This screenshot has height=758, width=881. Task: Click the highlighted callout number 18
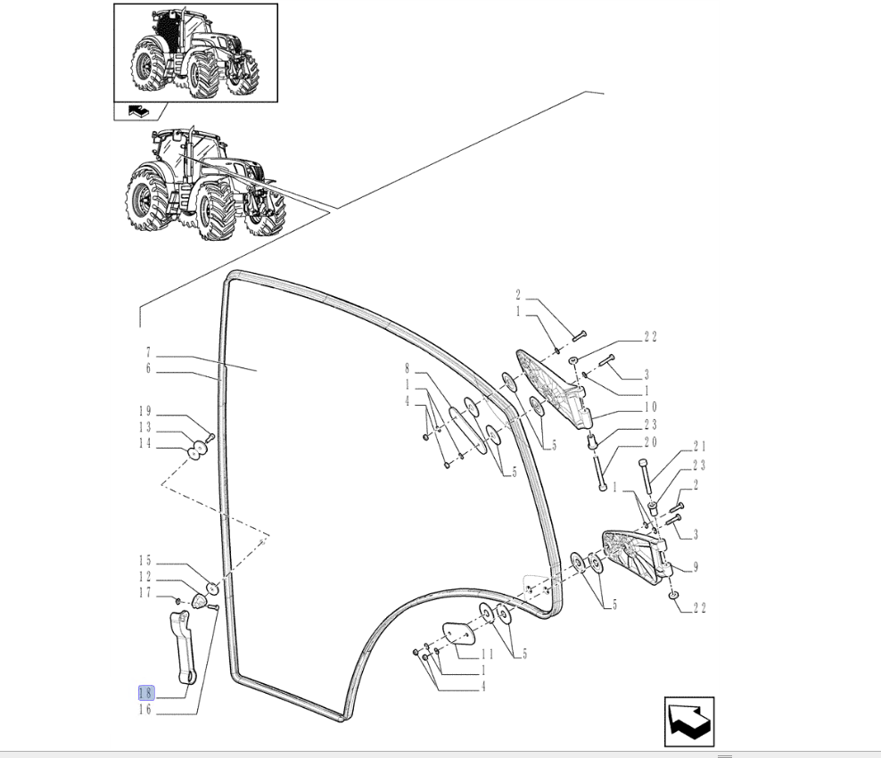145,693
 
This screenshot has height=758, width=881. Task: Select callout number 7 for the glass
148,352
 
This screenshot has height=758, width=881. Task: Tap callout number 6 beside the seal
148,368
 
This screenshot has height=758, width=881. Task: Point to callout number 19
145,411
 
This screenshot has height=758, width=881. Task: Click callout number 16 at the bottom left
145,710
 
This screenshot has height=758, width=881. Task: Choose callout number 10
651,407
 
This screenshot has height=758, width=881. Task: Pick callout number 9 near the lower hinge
696,567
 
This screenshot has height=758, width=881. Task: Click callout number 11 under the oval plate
487,654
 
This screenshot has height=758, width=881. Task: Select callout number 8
408,369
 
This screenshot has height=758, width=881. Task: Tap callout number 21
699,447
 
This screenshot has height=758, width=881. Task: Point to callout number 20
651,442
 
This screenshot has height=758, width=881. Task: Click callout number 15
145,561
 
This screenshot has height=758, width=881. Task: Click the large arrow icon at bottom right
689,722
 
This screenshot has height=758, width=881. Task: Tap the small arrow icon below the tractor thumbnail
136,111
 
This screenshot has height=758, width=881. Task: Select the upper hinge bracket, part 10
553,389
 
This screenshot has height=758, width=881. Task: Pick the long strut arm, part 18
183,647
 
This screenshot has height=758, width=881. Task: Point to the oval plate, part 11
459,632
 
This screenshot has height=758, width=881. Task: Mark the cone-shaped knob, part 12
198,601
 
